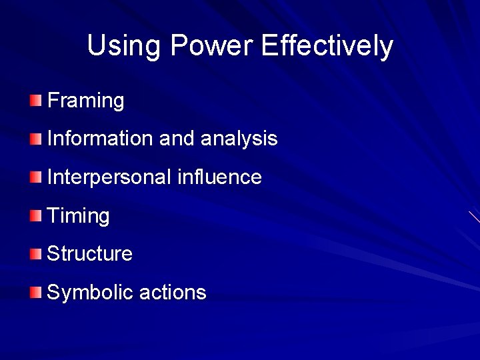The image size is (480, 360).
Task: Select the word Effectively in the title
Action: coord(327,46)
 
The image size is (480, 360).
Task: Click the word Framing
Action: coord(86,101)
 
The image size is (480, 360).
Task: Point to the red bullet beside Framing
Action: coord(35,101)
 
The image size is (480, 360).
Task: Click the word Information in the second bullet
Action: coord(100,139)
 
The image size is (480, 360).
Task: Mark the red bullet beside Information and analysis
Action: coord(35,139)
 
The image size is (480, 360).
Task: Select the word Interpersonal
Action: coord(109,177)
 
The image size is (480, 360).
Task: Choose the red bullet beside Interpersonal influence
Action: coord(35,177)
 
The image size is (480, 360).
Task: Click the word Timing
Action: coord(79,216)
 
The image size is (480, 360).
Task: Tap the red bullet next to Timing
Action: coord(35,216)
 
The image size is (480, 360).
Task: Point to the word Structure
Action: coord(90,254)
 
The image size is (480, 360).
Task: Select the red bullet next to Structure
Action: coord(35,254)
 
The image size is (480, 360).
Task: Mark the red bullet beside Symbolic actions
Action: coord(35,293)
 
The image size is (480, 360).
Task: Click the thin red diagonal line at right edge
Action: coord(474,217)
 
